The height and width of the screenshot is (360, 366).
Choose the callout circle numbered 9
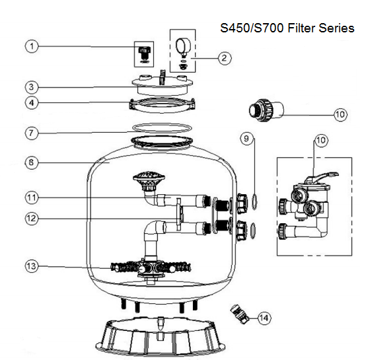(245, 139)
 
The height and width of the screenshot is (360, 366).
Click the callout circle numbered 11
(32, 196)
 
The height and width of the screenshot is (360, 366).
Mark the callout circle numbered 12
(32, 217)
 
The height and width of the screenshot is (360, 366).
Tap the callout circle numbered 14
(264, 318)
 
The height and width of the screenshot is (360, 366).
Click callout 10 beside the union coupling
(340, 114)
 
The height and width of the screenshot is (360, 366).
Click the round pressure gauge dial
(182, 46)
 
